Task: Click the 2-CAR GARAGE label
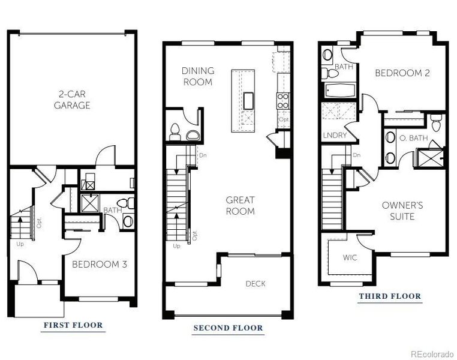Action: [74, 100]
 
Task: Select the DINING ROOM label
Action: [197, 76]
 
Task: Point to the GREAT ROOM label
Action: [240, 205]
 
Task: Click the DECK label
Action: [255, 283]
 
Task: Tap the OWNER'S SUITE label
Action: [402, 210]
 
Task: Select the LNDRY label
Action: [335, 135]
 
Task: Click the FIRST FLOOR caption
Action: [73, 325]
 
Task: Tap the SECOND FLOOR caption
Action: [228, 328]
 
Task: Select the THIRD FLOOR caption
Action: [390, 296]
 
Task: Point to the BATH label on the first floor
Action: [112, 211]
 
